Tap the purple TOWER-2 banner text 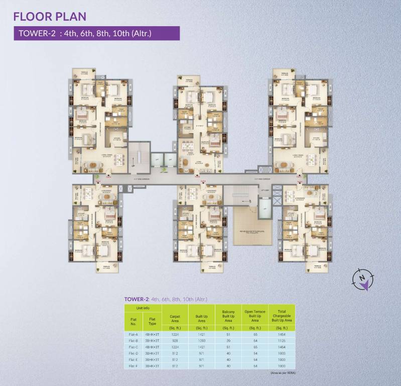[84, 34]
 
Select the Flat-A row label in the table [133, 334]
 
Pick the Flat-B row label [133, 340]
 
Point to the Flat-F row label [133, 366]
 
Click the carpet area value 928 [175, 340]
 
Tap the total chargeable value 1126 [282, 340]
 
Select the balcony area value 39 [228, 340]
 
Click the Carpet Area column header [175, 318]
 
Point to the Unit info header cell [143, 308]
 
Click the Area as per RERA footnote [282, 372]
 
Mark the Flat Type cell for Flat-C [152, 347]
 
